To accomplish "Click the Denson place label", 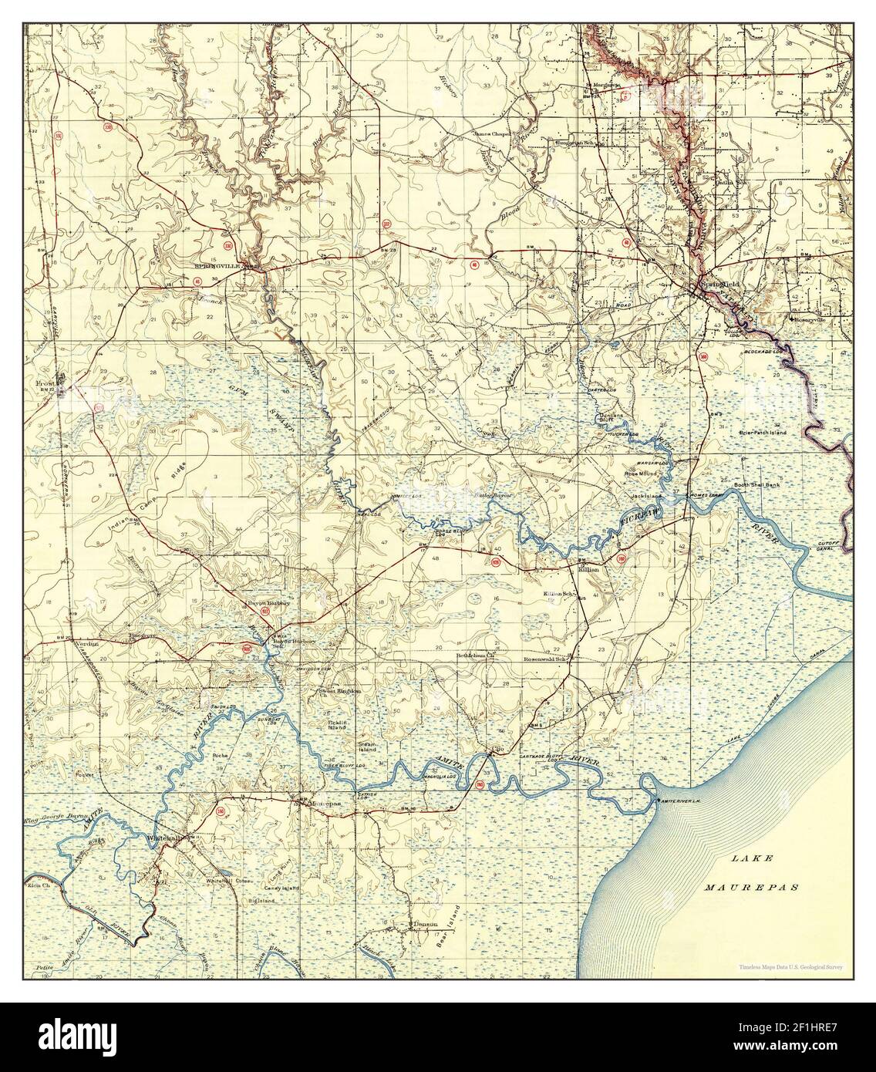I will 424,923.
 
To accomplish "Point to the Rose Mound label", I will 639,474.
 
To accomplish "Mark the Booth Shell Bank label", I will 756,484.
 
